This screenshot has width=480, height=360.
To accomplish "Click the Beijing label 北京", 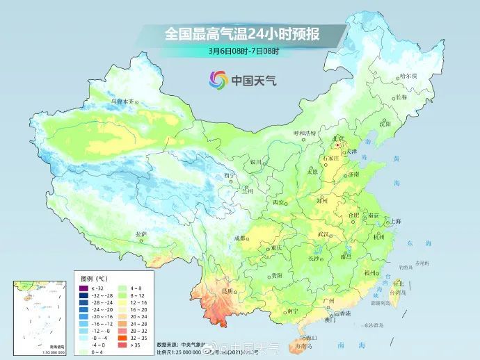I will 338,140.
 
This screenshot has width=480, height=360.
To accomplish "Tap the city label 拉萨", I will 141,234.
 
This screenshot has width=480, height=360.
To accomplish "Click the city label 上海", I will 394,221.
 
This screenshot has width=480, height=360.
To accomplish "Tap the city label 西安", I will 278,202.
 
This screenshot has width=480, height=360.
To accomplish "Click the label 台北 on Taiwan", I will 398,284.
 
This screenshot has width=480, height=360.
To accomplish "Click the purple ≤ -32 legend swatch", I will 83,288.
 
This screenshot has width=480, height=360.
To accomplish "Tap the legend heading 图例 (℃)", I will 91,278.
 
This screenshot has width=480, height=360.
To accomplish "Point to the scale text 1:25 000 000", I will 183,352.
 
